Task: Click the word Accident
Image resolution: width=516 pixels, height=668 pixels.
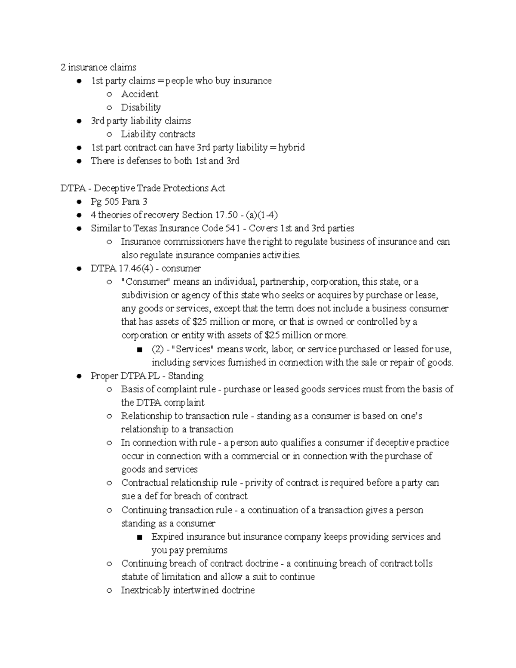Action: tap(139, 94)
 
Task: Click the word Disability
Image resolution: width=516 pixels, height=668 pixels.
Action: tap(141, 108)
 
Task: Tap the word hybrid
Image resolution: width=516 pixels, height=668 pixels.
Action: tap(291, 148)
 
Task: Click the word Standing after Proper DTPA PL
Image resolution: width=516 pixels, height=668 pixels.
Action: tap(186, 376)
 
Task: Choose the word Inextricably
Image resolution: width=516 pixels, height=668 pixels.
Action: tap(145, 590)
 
